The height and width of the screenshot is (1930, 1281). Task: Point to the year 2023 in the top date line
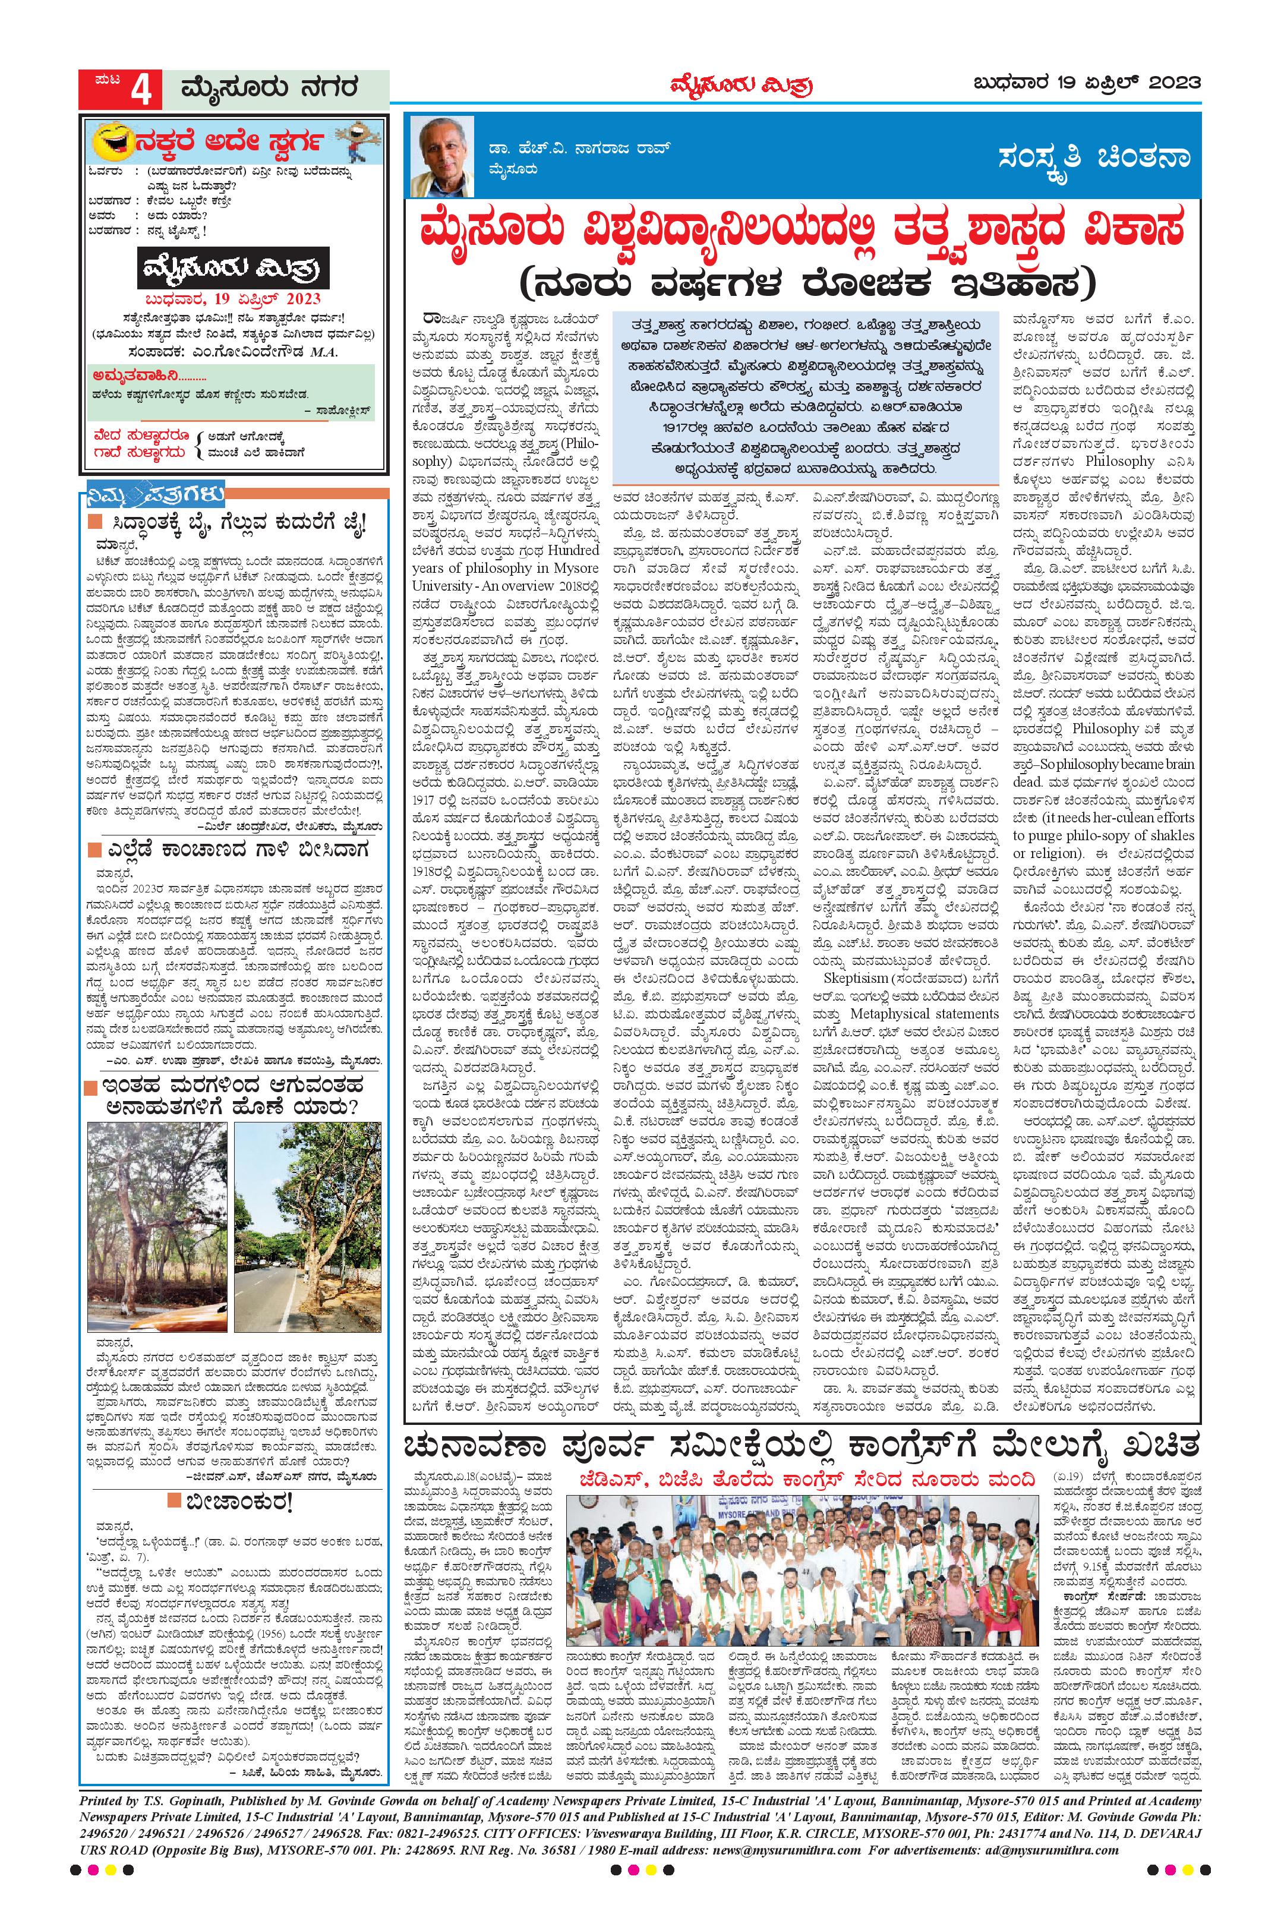click(1175, 83)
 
